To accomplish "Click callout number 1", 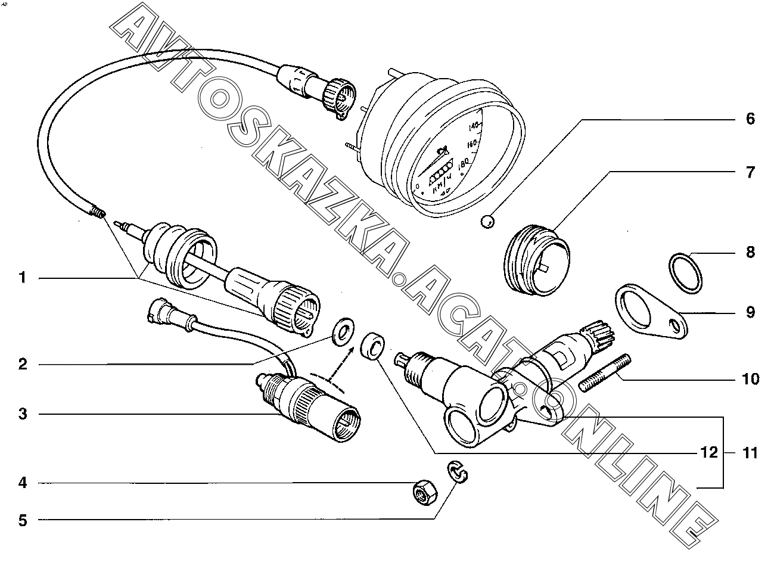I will (x=23, y=278).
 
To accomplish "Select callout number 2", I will (x=23, y=363).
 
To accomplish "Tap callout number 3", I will (x=23, y=414).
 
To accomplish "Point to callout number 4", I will (x=23, y=482).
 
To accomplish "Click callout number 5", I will (x=23, y=520).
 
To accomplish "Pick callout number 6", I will (x=750, y=119).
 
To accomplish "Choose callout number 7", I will (x=750, y=172).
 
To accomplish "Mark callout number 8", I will (x=750, y=252).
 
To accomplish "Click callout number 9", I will (x=750, y=312).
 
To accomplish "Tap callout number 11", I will (x=750, y=453).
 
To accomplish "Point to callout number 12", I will (x=709, y=453).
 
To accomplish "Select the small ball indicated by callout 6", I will (x=487, y=222).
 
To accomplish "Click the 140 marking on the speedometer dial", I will (x=475, y=126).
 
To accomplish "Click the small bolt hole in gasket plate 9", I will (x=675, y=325).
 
